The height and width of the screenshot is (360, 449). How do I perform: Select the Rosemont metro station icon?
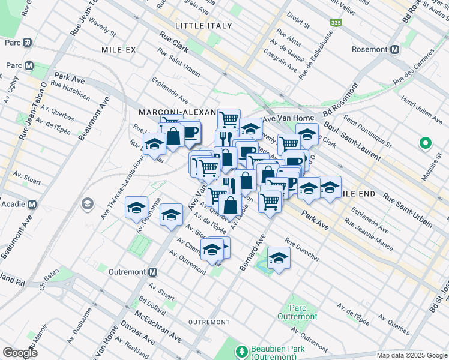point(395,50)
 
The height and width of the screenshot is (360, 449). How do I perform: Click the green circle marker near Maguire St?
point(425,143)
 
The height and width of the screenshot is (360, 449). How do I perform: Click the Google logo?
point(20,353)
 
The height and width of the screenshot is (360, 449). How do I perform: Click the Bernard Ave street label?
point(253,252)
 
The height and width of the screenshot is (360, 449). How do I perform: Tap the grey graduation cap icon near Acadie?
point(88,204)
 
